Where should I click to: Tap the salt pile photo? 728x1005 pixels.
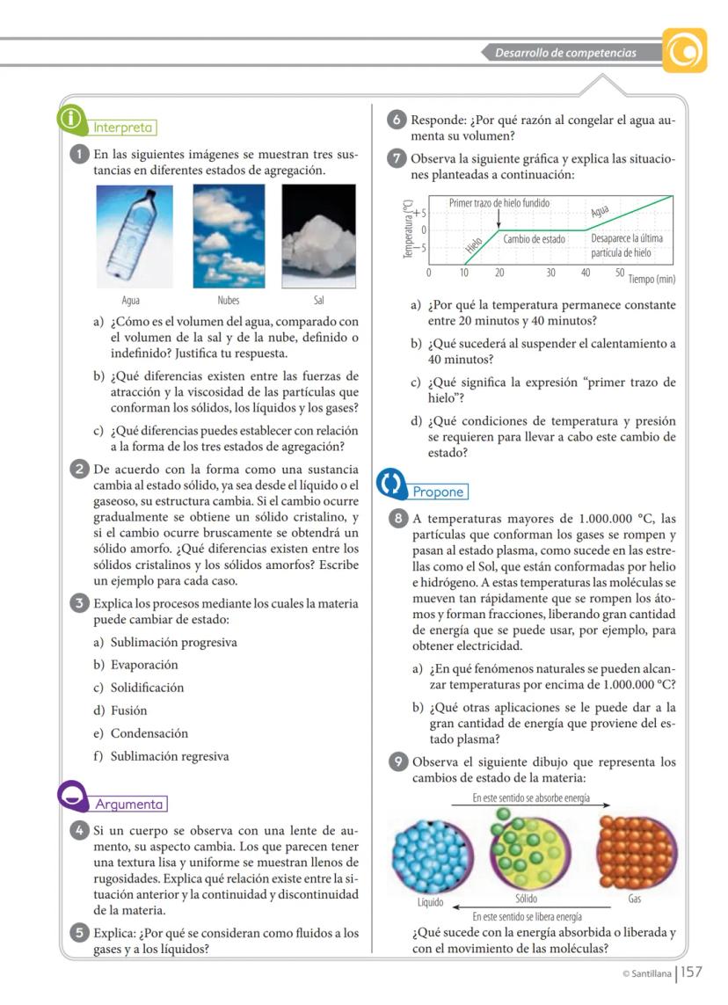318,236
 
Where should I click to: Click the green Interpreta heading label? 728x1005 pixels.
123,127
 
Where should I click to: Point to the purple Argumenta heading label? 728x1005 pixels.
129,804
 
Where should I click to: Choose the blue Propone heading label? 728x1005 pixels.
438,492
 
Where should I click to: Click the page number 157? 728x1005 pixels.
692,972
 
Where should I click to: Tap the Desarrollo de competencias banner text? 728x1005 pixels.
565,53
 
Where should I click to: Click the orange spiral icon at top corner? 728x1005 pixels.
685,51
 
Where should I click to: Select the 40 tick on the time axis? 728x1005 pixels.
586,273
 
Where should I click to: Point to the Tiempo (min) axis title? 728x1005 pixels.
652,279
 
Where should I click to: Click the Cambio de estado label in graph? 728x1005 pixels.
534,238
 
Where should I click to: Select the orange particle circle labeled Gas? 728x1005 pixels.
637,850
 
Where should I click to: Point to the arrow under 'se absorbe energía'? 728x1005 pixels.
531,809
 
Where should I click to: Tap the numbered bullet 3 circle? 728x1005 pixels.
79,602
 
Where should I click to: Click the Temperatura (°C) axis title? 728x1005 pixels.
407,229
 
